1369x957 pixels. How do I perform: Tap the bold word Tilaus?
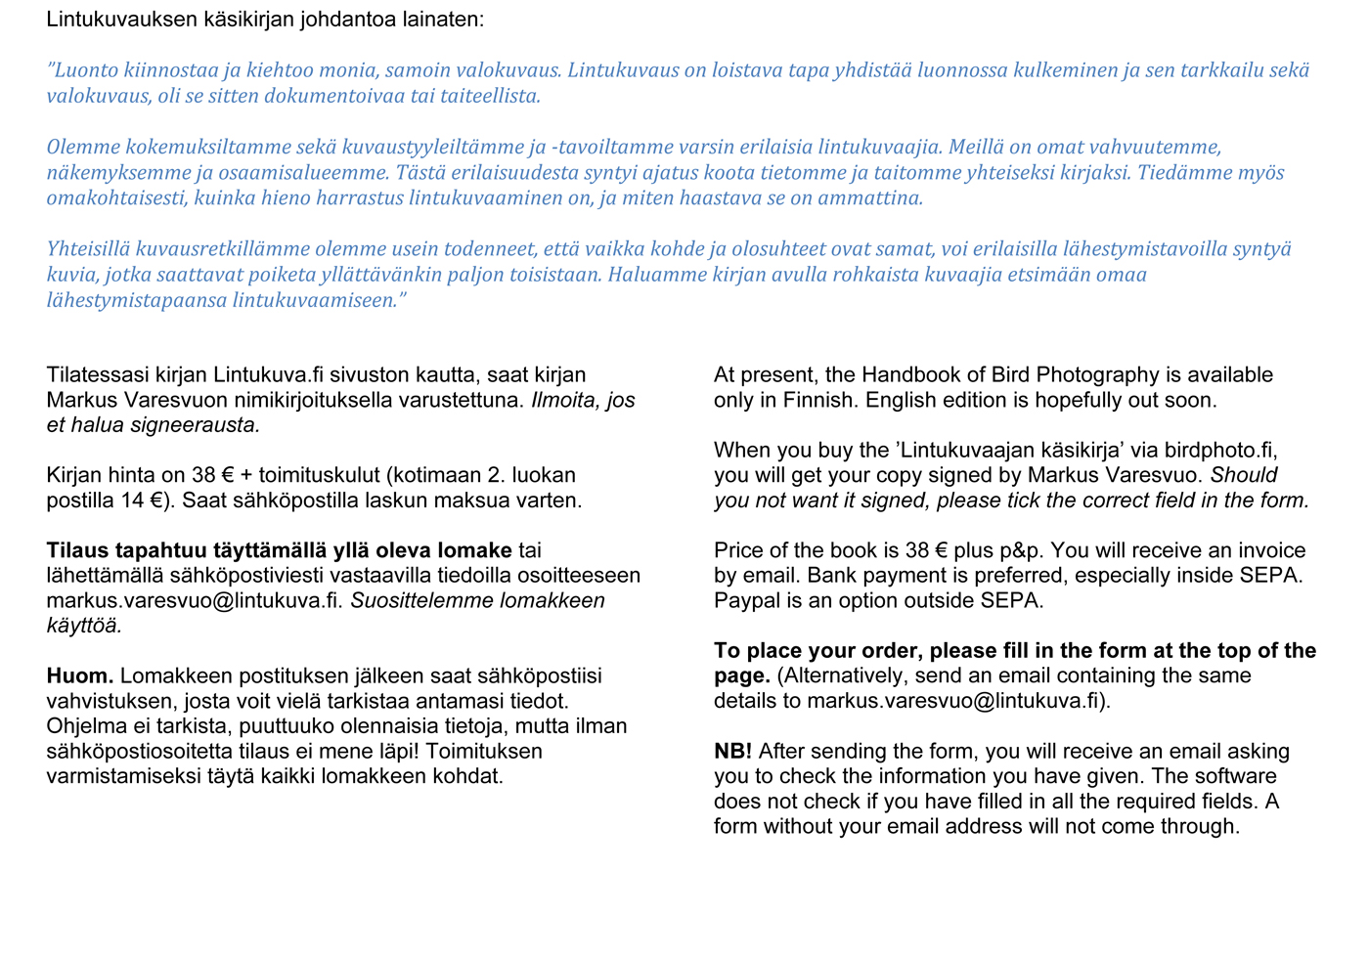pos(77,550)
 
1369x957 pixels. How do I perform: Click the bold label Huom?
pos(79,676)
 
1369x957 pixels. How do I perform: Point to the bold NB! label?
pos(732,752)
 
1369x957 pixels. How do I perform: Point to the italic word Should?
pos(1244,475)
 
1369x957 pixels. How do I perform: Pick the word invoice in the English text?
pos(1265,550)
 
